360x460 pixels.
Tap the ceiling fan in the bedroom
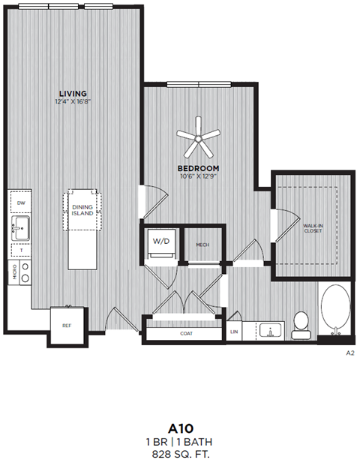pyautogui.click(x=199, y=134)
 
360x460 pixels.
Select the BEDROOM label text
pyautogui.click(x=198, y=167)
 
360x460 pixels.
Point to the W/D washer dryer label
pyautogui.click(x=161, y=242)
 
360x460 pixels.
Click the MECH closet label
pyautogui.click(x=202, y=245)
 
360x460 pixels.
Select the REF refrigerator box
pyautogui.click(x=67, y=325)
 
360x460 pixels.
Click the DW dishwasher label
pyautogui.click(x=22, y=203)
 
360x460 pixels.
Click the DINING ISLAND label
pyautogui.click(x=82, y=209)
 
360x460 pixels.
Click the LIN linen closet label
pyautogui.click(x=235, y=330)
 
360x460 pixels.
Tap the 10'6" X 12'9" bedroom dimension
pyautogui.click(x=198, y=176)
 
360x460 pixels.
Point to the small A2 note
pyautogui.click(x=349, y=352)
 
